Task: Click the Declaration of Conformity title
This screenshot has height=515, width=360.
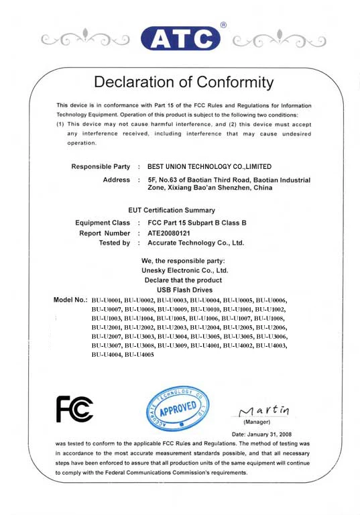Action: tap(184, 82)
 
